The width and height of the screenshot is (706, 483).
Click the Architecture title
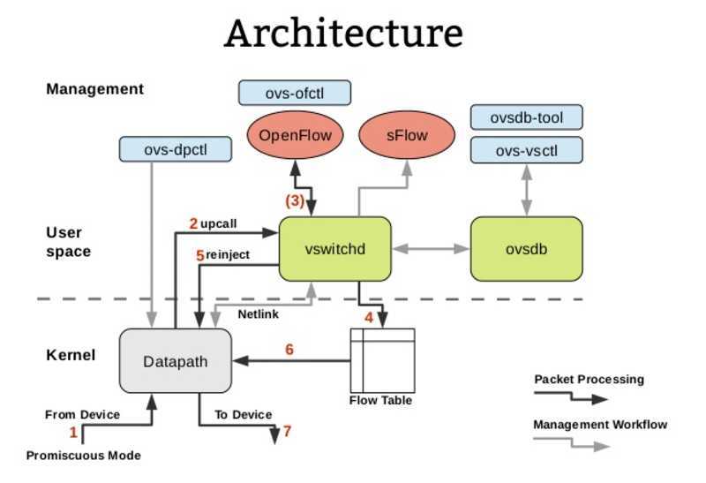pyautogui.click(x=343, y=34)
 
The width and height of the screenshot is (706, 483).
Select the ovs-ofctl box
pyautogui.click(x=295, y=93)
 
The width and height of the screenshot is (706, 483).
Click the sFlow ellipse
pyautogui.click(x=407, y=136)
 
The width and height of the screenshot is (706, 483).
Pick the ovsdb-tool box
pyautogui.click(x=526, y=117)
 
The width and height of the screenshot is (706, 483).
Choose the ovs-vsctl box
pyautogui.click(x=526, y=150)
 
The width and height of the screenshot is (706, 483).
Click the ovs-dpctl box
pyautogui.click(x=176, y=149)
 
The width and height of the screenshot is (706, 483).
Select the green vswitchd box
pyautogui.click(x=334, y=249)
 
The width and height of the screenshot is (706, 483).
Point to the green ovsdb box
pyautogui.click(x=526, y=249)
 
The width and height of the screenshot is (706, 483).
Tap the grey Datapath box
pyautogui.click(x=175, y=360)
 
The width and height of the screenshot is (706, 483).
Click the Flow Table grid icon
pyautogui.click(x=382, y=360)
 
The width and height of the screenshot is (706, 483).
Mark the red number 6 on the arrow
pyautogui.click(x=289, y=350)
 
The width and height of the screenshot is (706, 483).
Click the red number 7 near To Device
pyautogui.click(x=287, y=432)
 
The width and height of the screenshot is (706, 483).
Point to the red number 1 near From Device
pyautogui.click(x=73, y=432)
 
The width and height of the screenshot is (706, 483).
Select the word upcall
pyautogui.click(x=220, y=223)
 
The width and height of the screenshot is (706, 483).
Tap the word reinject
pyautogui.click(x=228, y=255)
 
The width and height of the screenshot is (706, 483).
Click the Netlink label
pyautogui.click(x=259, y=313)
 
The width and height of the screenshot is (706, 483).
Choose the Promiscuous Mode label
pyautogui.click(x=84, y=456)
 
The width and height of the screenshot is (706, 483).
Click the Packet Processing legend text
pyautogui.click(x=589, y=380)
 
